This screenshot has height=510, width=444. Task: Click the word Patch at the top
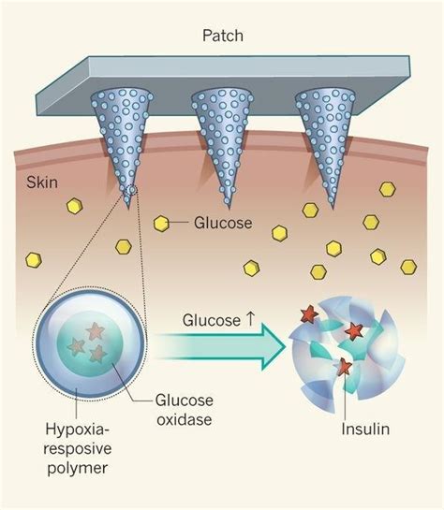coord(223,36)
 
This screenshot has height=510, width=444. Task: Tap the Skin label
coord(42,182)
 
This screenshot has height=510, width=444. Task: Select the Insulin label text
coord(365,429)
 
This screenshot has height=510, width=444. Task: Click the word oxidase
coord(185,419)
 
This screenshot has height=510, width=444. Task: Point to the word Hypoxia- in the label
coord(78,430)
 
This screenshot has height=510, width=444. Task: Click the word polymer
coord(78,469)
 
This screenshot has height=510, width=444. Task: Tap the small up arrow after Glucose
coord(250,319)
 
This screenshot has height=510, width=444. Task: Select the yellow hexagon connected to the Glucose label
coord(161,224)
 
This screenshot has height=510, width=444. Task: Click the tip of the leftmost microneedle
coord(128,207)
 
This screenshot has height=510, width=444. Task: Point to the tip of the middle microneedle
coord(229,208)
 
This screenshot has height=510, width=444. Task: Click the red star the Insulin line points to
coord(344,367)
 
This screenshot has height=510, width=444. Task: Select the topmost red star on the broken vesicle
coord(308,313)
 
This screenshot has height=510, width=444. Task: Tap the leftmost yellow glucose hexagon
coord(34,260)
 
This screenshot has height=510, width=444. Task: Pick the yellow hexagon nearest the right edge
coord(408,267)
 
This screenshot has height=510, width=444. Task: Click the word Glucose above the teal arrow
coord(212,320)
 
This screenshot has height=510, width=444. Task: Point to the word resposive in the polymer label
coord(78,449)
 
